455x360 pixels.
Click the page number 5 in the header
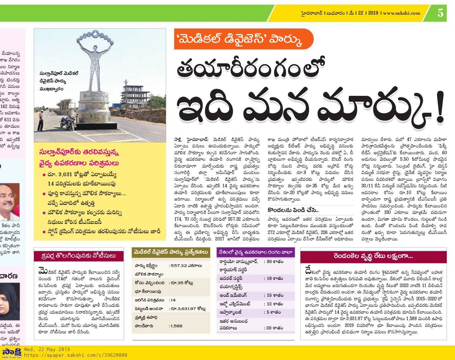(440, 13)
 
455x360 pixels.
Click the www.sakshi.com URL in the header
(401, 13)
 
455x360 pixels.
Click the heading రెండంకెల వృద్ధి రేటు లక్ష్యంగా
(373, 257)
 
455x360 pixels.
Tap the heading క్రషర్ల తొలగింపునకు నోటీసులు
(80, 256)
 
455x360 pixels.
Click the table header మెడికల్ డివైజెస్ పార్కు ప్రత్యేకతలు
(170, 252)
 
